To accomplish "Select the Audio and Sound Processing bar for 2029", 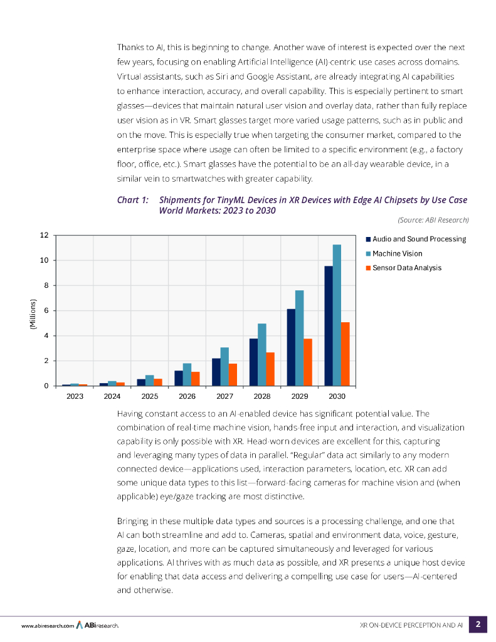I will pyautogui.click(x=291, y=347).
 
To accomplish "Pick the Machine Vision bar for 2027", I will pyautogui.click(x=224, y=366).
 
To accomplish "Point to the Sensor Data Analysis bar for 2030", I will pyautogui.click(x=345, y=354).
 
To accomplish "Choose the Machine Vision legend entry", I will pyautogui.click(x=397, y=253).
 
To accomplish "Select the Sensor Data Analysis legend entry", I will pyautogui.click(x=406, y=268).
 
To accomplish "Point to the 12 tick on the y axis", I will pyautogui.click(x=44, y=235).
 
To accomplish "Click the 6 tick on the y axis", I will pyautogui.click(x=46, y=310).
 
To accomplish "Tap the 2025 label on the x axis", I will pyautogui.click(x=149, y=397).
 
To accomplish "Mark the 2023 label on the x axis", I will pyautogui.click(x=75, y=397).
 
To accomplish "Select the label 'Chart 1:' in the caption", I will pyautogui.click(x=133, y=200).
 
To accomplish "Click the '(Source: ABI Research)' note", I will pyautogui.click(x=433, y=219).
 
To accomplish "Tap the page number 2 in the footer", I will pyautogui.click(x=478, y=624).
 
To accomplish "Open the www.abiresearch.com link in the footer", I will pyautogui.click(x=48, y=625).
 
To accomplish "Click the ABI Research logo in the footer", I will pyautogui.click(x=98, y=625).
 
